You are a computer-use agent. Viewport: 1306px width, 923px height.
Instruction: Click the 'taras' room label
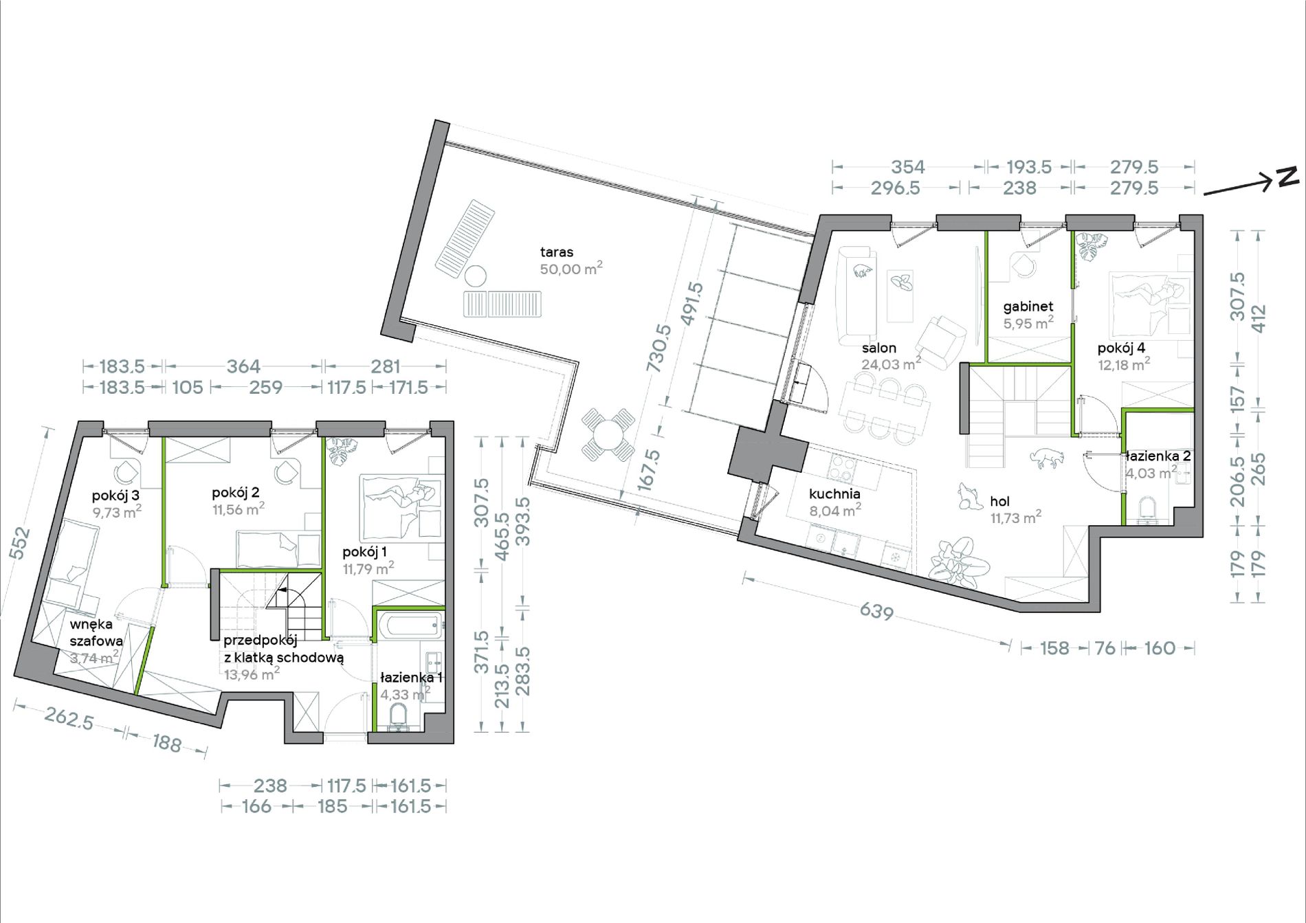[557, 252]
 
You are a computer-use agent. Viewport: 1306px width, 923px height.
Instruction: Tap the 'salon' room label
[879, 348]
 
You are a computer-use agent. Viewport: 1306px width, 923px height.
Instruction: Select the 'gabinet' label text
[1028, 307]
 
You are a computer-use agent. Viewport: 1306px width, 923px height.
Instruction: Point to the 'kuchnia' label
[834, 493]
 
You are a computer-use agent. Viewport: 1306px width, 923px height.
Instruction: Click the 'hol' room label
[1000, 502]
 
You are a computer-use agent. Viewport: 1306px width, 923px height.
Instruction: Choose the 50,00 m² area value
[571, 269]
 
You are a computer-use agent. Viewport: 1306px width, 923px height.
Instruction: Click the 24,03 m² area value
[892, 364]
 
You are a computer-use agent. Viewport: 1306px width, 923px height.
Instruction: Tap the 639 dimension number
[876, 611]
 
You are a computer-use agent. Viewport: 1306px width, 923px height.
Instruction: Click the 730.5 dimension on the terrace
[658, 348]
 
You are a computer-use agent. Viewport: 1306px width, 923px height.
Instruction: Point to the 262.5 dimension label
[69, 719]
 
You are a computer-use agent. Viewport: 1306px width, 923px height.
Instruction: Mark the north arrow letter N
[1287, 177]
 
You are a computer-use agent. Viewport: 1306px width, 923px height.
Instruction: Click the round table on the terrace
[609, 435]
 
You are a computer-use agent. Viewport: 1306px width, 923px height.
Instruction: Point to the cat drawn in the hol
[1046, 457]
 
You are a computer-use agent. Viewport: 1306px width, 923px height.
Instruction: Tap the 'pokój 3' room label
[116, 496]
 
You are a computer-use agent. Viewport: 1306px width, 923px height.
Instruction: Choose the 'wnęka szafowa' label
[96, 632]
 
